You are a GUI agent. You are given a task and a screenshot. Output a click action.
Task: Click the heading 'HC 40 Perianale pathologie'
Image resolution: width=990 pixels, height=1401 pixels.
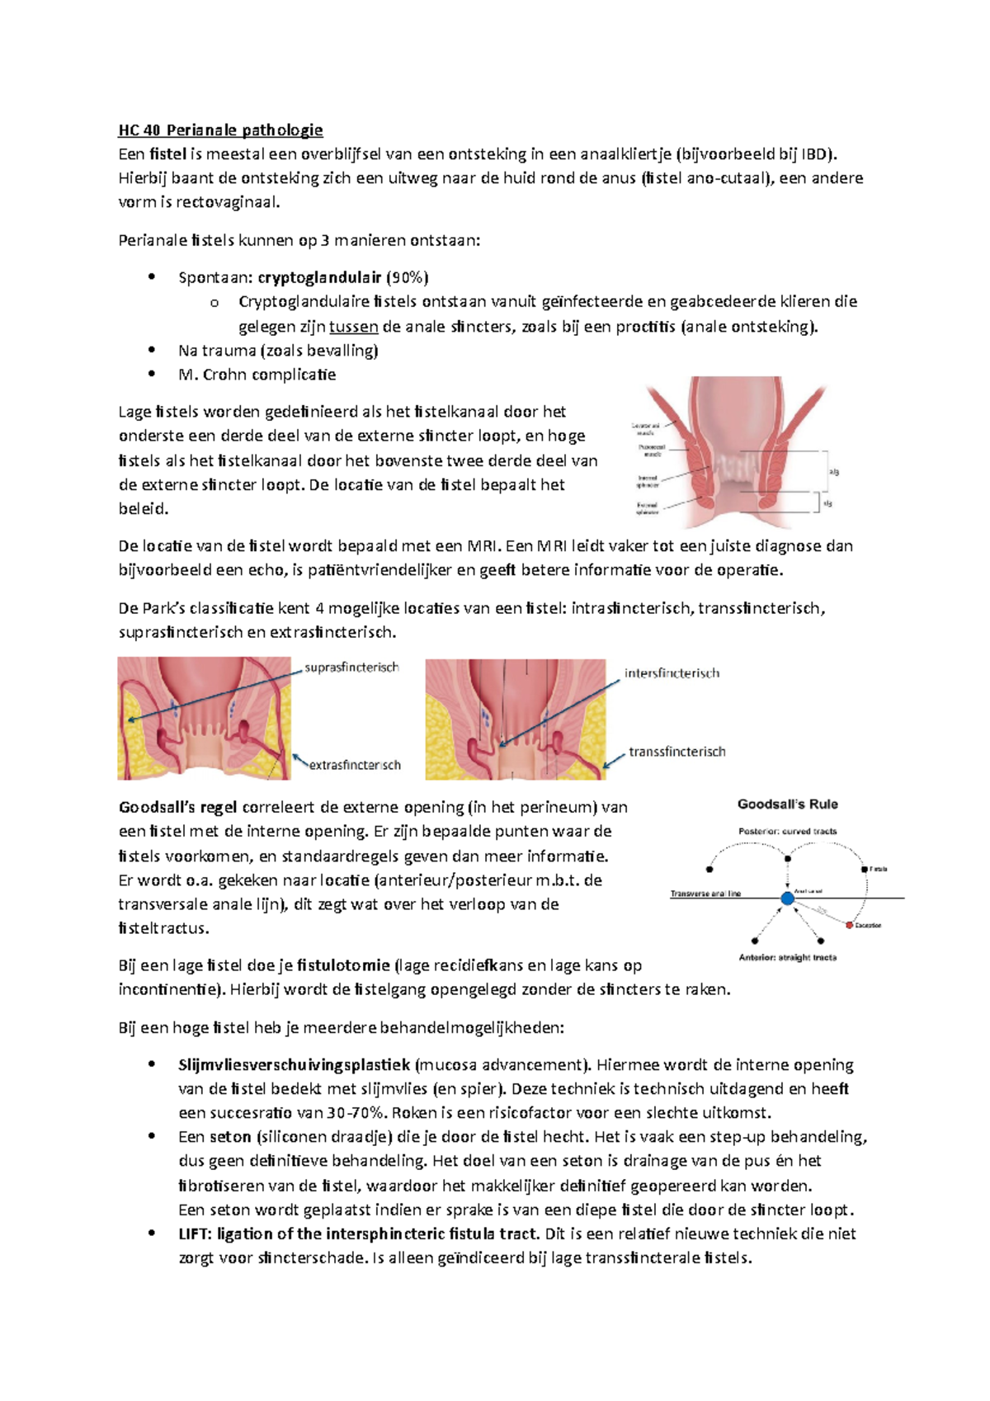pyautogui.click(x=220, y=130)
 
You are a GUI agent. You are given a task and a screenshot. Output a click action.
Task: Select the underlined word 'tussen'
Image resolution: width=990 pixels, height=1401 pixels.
pyautogui.click(x=353, y=326)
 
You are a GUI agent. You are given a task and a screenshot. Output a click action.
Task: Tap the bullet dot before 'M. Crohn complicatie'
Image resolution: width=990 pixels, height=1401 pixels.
pyautogui.click(x=151, y=374)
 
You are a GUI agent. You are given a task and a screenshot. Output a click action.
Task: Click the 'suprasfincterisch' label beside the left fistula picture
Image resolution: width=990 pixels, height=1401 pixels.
pyautogui.click(x=351, y=667)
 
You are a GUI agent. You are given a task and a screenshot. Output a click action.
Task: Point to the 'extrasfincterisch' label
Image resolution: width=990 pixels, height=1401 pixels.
pyautogui.click(x=355, y=765)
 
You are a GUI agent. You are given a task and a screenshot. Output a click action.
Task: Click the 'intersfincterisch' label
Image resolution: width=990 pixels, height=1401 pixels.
pyautogui.click(x=672, y=673)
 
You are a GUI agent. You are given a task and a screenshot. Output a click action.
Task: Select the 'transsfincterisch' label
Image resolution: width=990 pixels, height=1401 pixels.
pyautogui.click(x=677, y=752)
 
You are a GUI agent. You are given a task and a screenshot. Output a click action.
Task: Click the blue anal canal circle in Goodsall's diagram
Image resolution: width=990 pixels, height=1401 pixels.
pyautogui.click(x=787, y=898)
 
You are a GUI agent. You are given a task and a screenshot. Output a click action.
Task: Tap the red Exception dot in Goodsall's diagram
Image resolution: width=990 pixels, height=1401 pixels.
pyautogui.click(x=849, y=925)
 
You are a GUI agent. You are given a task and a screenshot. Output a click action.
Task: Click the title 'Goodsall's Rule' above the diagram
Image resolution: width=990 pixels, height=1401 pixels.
pyautogui.click(x=787, y=804)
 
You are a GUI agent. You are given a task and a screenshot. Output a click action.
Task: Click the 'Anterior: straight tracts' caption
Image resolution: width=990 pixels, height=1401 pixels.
pyautogui.click(x=787, y=958)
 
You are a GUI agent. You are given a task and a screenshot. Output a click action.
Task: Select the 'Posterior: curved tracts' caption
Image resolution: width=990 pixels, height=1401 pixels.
pyautogui.click(x=787, y=831)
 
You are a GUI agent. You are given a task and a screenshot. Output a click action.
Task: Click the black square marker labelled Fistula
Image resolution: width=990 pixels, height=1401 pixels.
pyautogui.click(x=864, y=869)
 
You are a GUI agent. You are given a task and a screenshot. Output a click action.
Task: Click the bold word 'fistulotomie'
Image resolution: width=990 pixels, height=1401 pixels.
pyautogui.click(x=343, y=965)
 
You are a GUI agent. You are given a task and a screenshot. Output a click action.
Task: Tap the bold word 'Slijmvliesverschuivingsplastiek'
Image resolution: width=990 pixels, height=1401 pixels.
pyautogui.click(x=294, y=1064)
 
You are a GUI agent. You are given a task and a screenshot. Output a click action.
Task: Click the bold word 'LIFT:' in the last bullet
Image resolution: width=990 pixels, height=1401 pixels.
pyautogui.click(x=196, y=1234)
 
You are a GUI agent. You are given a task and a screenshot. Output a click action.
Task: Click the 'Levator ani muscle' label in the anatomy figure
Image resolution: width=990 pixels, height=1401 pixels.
pyautogui.click(x=645, y=429)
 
